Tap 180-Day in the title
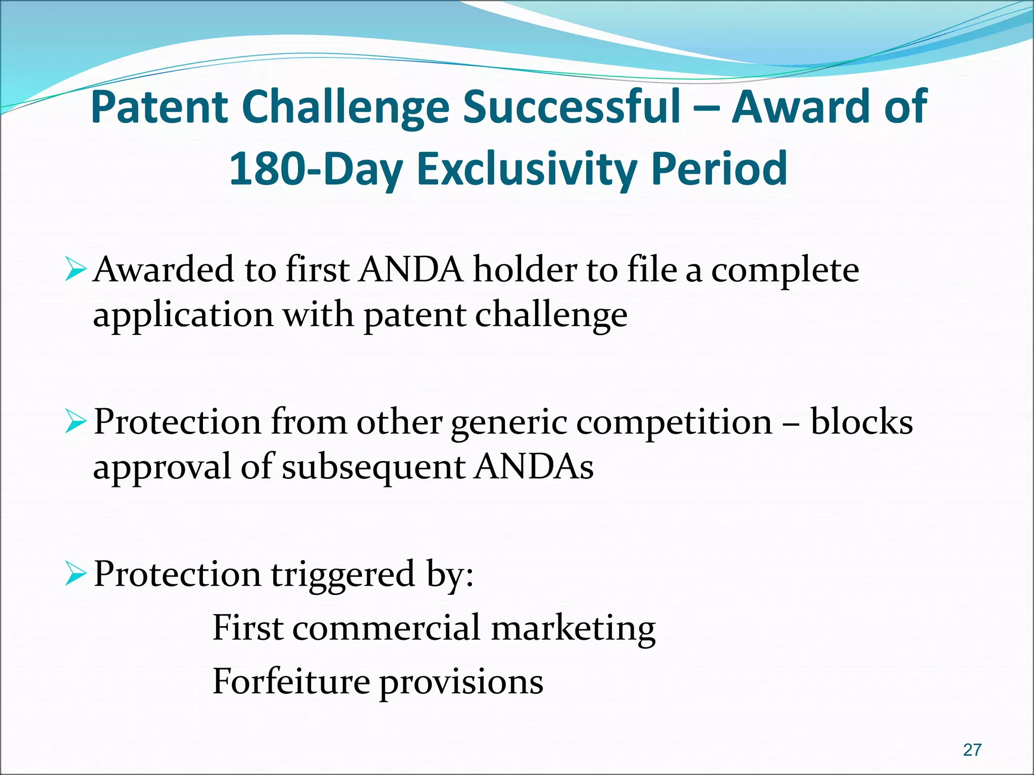(x=316, y=169)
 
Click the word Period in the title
(x=719, y=169)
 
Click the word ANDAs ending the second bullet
(x=534, y=466)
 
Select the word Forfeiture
(x=291, y=681)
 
